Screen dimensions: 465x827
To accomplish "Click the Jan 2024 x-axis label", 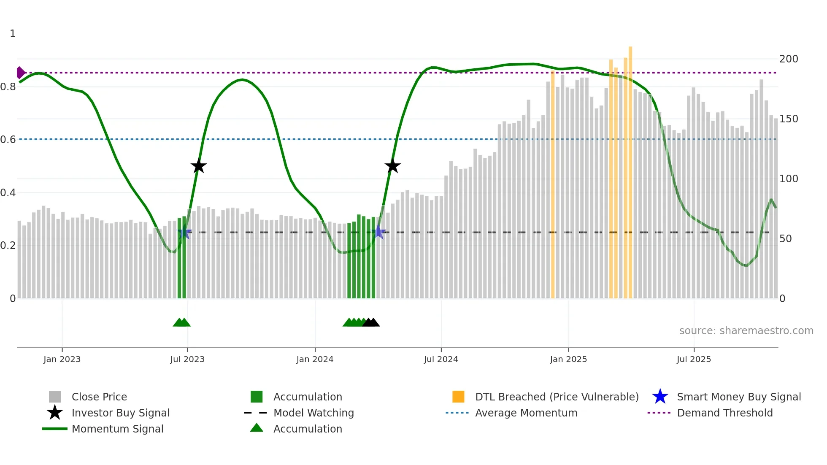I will (x=315, y=359).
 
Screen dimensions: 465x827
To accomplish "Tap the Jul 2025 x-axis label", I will (x=694, y=359).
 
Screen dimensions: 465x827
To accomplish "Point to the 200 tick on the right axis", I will (x=788, y=59).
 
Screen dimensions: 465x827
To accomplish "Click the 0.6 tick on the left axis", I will (x=8, y=140).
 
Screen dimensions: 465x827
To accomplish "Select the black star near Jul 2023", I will (x=198, y=166).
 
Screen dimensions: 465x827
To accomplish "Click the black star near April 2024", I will (x=392, y=166).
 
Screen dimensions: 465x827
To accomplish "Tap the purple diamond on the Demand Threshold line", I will (x=20, y=73).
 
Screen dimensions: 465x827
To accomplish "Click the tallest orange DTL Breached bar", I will (x=630, y=169).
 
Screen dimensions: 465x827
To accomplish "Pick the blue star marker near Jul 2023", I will (x=184, y=232).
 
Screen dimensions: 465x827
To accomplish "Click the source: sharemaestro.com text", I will (x=746, y=331).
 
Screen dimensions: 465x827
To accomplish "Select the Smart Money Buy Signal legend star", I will (x=660, y=397).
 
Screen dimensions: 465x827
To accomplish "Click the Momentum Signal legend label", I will (x=117, y=429).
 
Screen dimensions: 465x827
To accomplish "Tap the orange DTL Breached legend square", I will (x=458, y=397).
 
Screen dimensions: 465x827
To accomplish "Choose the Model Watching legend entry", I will (x=313, y=413).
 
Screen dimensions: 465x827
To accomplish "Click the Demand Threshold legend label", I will (x=724, y=413).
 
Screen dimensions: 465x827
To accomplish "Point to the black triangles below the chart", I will (x=371, y=322).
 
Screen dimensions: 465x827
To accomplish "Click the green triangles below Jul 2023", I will (x=181, y=322).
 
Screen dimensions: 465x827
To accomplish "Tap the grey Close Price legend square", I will (x=55, y=397).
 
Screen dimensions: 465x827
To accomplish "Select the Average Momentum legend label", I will (x=526, y=413).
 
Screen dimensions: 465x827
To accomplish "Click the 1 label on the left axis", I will (x=13, y=34).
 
